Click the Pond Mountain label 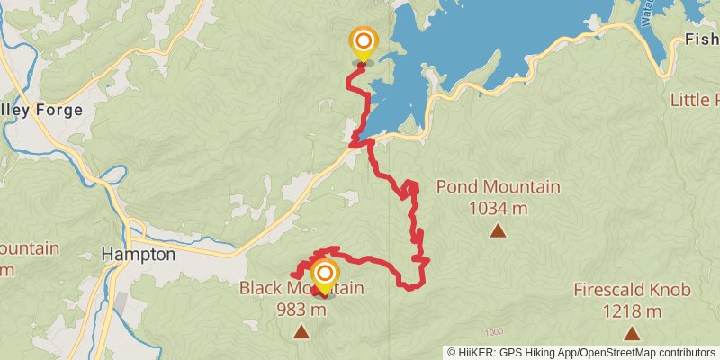(498, 187)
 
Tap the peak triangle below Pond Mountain (498, 231)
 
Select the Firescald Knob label (633, 290)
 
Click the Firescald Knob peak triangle (633, 333)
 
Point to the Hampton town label (139, 254)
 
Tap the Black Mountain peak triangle (301, 332)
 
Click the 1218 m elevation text (633, 311)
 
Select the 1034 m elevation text (498, 209)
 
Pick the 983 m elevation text (301, 310)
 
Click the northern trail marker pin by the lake (364, 41)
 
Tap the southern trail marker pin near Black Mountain (324, 274)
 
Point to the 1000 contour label (492, 331)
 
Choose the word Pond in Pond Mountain (456, 187)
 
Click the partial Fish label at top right (701, 40)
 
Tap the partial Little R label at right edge (695, 99)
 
